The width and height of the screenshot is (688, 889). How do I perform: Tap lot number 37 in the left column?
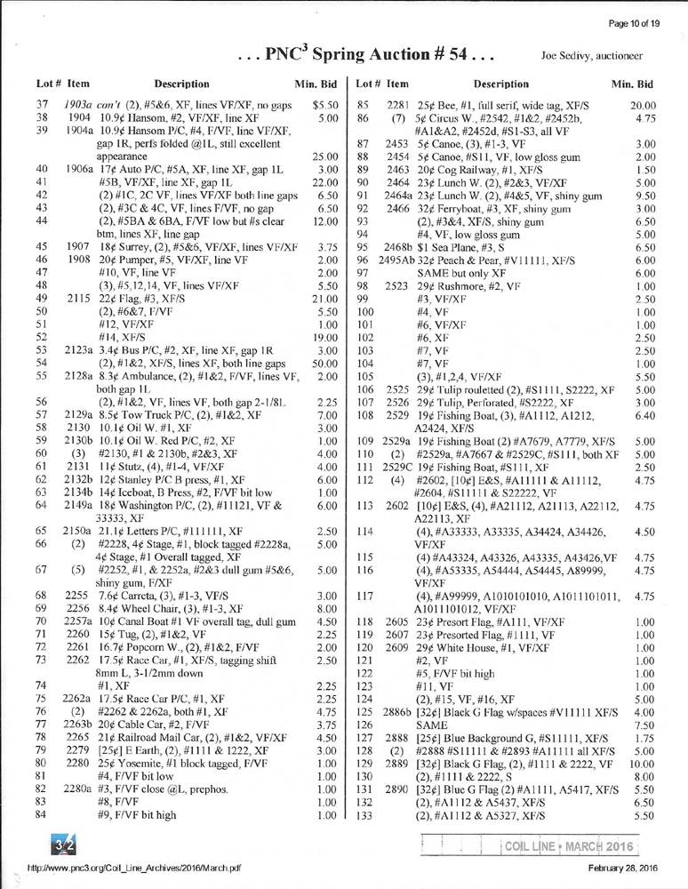pos(42,105)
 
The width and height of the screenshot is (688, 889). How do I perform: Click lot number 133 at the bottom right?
pos(362,814)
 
